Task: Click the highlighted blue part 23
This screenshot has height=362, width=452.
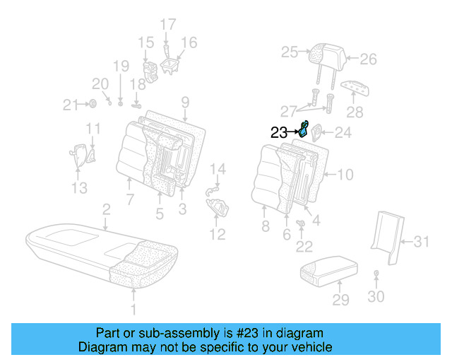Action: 303,129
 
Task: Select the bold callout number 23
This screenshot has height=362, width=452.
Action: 279,132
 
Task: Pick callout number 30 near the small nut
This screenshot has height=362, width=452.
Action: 376,297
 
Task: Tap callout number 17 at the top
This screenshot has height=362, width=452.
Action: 167,25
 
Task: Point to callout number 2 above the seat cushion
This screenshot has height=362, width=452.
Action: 106,209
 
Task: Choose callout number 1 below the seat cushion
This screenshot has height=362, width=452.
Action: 133,310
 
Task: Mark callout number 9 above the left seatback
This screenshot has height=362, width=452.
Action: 184,101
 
